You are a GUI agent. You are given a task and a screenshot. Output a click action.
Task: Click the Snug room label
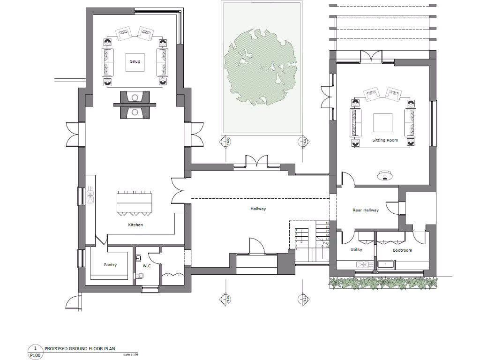point(135,61)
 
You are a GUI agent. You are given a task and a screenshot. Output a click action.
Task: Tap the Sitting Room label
point(385,140)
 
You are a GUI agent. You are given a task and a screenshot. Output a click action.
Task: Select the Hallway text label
point(258,209)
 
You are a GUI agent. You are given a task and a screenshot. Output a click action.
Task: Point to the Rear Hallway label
point(365,210)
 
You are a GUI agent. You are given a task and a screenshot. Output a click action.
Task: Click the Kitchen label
point(135,225)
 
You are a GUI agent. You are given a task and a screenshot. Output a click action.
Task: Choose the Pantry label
point(110,265)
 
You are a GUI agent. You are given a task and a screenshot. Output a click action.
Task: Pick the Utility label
point(356,250)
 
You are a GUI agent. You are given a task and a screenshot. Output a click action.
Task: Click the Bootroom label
point(402,250)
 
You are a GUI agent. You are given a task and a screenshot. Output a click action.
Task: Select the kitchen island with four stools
point(135,202)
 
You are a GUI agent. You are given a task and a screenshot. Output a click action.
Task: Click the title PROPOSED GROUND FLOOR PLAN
point(80,349)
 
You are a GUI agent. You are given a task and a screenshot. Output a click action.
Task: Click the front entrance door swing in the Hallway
point(256,246)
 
